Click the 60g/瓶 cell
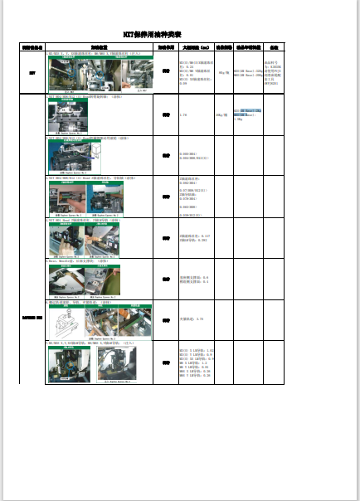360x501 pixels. coord(223,73)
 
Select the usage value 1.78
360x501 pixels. coord(183,114)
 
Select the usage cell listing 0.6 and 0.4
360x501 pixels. coord(196,279)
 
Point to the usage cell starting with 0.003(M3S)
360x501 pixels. coord(196,155)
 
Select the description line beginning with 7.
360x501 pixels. coord(77,302)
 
